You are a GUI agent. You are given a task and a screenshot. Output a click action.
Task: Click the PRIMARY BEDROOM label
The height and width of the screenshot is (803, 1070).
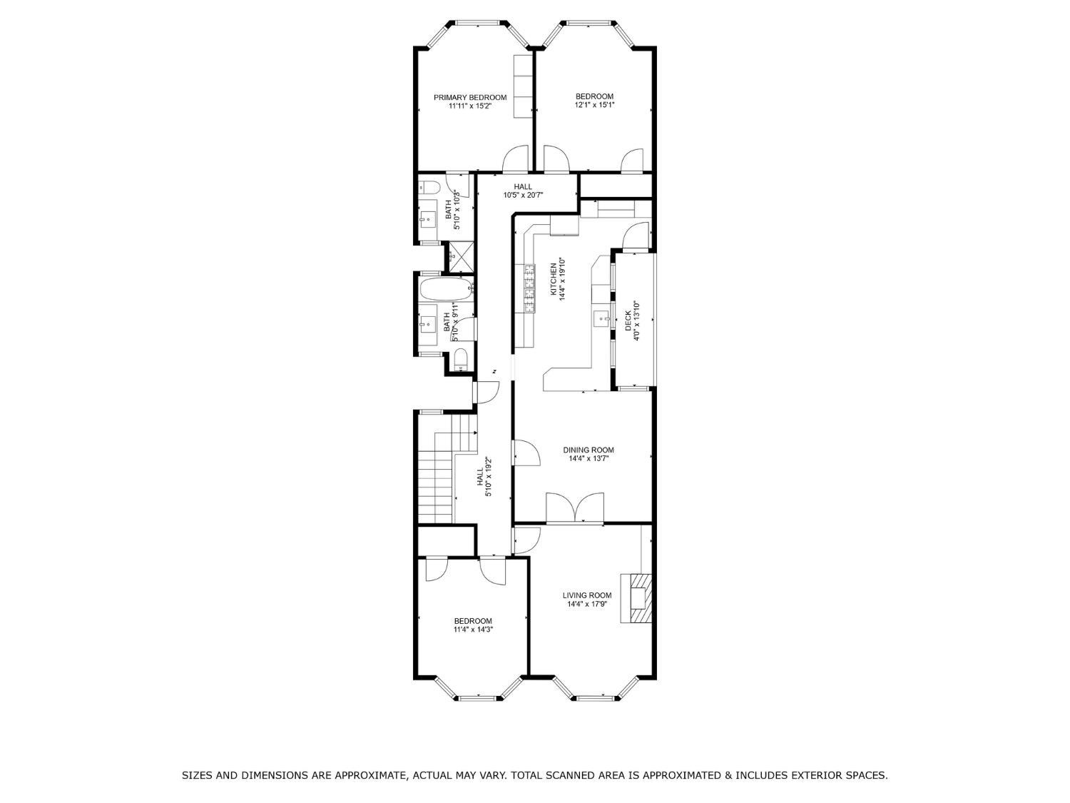(x=470, y=98)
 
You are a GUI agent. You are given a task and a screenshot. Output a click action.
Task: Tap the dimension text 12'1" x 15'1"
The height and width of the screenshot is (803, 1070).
(x=594, y=105)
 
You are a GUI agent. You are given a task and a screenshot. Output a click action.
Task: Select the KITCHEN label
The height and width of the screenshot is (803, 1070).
(x=554, y=279)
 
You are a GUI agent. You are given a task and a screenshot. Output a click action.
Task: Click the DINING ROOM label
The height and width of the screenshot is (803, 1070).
(x=588, y=450)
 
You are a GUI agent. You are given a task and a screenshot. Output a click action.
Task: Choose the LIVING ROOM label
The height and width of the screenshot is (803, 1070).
(x=587, y=595)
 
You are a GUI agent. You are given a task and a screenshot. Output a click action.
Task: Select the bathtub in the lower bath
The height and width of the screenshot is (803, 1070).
(x=446, y=289)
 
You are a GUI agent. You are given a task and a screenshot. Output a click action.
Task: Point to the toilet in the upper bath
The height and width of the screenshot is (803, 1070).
(x=429, y=187)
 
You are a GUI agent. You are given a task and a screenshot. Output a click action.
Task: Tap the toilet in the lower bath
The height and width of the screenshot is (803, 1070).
(x=460, y=359)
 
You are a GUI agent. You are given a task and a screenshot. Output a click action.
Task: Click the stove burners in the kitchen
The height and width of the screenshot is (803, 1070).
(x=529, y=288)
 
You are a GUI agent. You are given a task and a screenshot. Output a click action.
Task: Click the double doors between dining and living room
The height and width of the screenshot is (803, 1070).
(x=575, y=507)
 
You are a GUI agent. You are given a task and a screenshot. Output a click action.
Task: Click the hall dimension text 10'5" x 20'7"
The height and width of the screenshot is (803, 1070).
(x=523, y=195)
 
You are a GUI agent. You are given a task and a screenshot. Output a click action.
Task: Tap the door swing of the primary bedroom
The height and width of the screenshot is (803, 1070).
(x=515, y=158)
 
